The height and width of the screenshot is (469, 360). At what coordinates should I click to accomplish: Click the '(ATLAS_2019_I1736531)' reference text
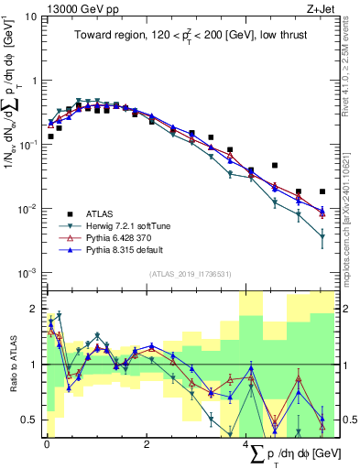191,273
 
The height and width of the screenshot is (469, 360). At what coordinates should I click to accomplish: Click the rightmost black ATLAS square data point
322,192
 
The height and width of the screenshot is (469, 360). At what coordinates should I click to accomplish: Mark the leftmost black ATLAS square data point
50,136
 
